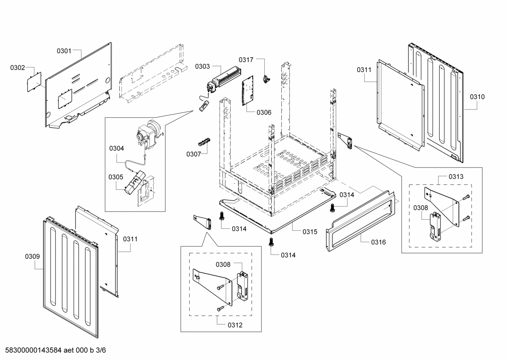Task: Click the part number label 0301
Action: [x=64, y=51]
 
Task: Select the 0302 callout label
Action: [x=17, y=67]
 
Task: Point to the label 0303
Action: [x=202, y=66]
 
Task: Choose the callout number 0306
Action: [x=264, y=112]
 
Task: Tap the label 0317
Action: [x=246, y=60]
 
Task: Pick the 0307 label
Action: [x=194, y=154]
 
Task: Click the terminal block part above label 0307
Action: [x=204, y=142]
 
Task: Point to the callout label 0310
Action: [x=477, y=97]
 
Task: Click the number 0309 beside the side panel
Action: [x=32, y=256]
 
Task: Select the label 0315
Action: [x=310, y=232]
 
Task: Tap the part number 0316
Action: [x=378, y=242]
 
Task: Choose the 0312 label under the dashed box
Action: [x=235, y=325]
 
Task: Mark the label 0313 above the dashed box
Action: [x=456, y=176]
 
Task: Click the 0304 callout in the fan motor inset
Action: [x=116, y=148]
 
